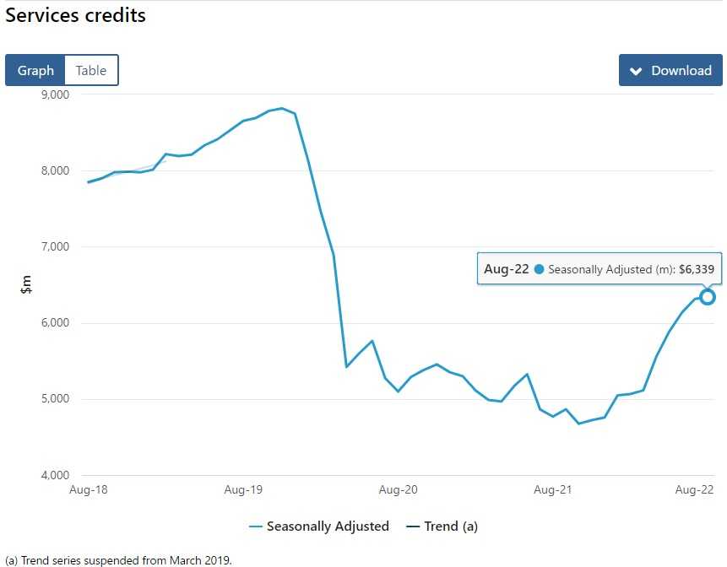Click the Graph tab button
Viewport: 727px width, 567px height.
(x=35, y=70)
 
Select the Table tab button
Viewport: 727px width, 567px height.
(x=91, y=70)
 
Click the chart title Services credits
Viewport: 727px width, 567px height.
(x=76, y=15)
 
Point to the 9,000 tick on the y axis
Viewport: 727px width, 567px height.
(x=56, y=94)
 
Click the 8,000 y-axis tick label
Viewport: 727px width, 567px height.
(x=56, y=170)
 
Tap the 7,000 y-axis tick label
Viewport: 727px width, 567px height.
(x=56, y=246)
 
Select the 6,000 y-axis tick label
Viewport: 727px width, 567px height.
(x=56, y=322)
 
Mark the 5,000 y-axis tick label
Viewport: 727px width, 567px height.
(x=56, y=398)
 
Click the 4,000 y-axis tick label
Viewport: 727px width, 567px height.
(x=56, y=474)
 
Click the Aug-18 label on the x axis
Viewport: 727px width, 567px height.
(x=89, y=489)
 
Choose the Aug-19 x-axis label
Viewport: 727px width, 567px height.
(x=243, y=489)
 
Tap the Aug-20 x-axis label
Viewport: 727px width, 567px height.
(x=398, y=489)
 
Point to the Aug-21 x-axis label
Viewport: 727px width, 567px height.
(x=552, y=489)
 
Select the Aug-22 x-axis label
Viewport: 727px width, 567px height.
(x=695, y=489)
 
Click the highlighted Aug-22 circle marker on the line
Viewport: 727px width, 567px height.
(x=708, y=297)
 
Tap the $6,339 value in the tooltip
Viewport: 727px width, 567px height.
(x=697, y=270)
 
